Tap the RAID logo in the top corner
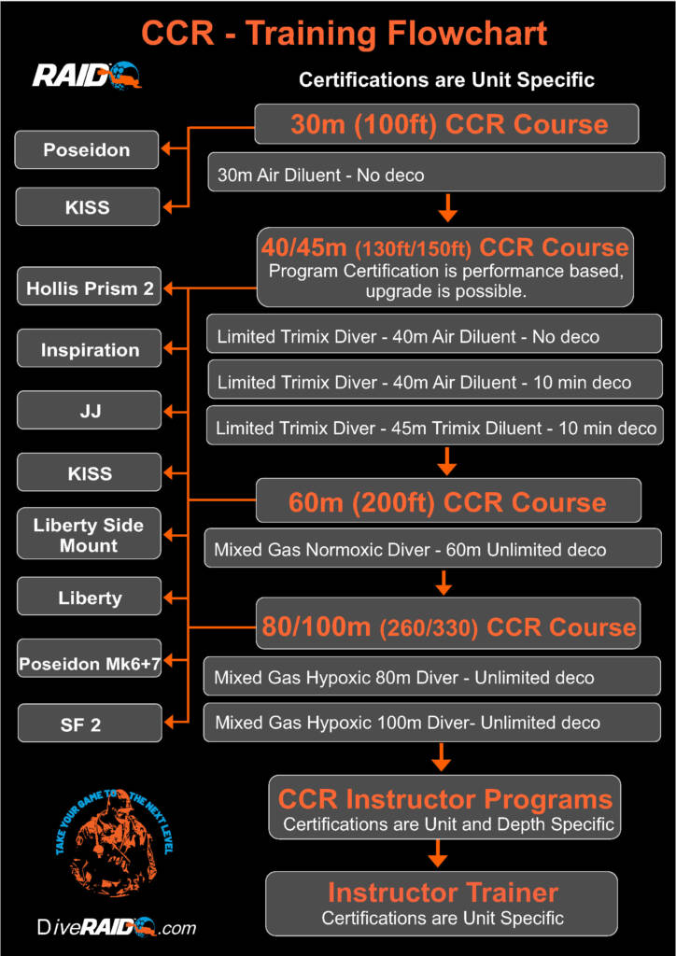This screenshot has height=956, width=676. click(87, 75)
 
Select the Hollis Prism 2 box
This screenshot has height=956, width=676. click(90, 288)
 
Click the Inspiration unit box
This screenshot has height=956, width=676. click(90, 350)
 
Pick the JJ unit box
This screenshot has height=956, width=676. click(90, 411)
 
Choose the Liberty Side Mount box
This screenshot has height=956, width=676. click(89, 535)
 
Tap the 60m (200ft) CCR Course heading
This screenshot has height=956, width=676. click(447, 502)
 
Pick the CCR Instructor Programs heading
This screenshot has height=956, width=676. click(444, 800)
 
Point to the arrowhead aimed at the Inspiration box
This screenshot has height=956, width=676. click(169, 350)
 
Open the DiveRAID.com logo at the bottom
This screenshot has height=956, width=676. click(117, 928)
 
